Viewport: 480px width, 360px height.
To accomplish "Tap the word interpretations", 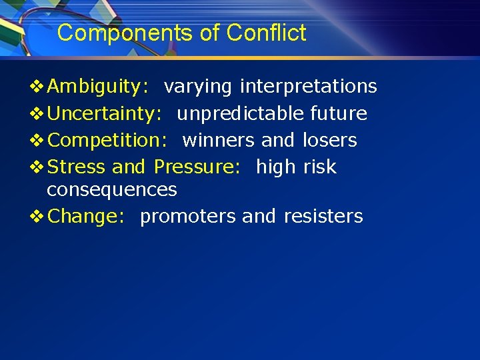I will pyautogui.click(x=308, y=87).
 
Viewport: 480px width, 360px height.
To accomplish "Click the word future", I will pyautogui.click(x=339, y=114).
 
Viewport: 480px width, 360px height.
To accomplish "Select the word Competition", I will pyautogui.click(x=107, y=141).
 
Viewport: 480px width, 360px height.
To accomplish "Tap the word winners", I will pyautogui.click(x=219, y=141).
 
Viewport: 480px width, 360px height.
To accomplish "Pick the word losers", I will pyautogui.click(x=329, y=141).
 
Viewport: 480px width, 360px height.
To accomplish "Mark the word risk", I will pyautogui.click(x=320, y=167).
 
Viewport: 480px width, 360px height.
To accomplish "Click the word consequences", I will pyautogui.click(x=112, y=190).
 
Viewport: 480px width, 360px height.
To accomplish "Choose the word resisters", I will pyautogui.click(x=323, y=217).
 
